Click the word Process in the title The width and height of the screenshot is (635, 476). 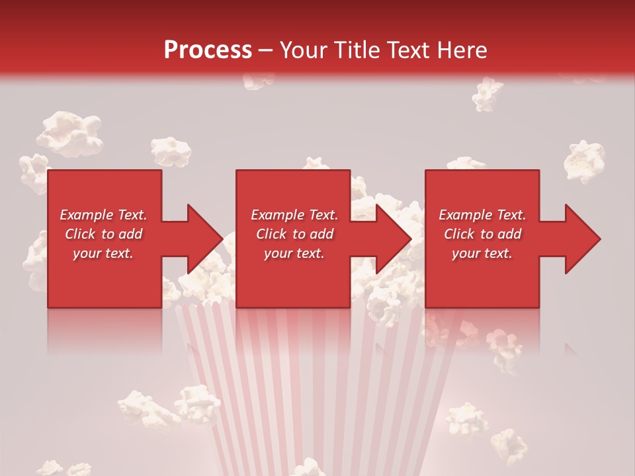[208, 50]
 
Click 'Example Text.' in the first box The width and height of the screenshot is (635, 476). [103, 215]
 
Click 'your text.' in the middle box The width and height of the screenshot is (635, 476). [294, 253]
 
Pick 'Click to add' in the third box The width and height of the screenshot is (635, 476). [482, 234]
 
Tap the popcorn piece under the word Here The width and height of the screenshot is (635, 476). [487, 94]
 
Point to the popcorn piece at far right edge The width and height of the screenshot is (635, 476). [585, 161]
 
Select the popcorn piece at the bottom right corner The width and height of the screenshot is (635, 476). [509, 446]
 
